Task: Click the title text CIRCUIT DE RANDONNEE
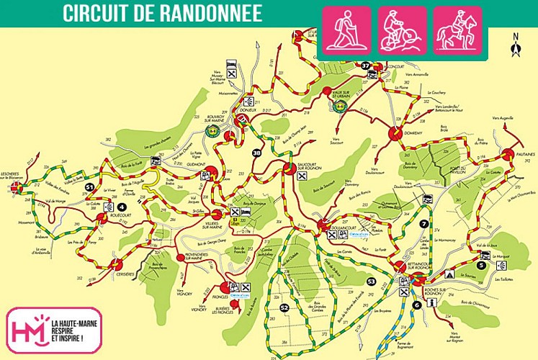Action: [x=162, y=13]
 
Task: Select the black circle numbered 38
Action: [x=257, y=152]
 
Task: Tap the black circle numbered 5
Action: [x=501, y=265]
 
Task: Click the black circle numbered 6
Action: [x=416, y=305]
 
